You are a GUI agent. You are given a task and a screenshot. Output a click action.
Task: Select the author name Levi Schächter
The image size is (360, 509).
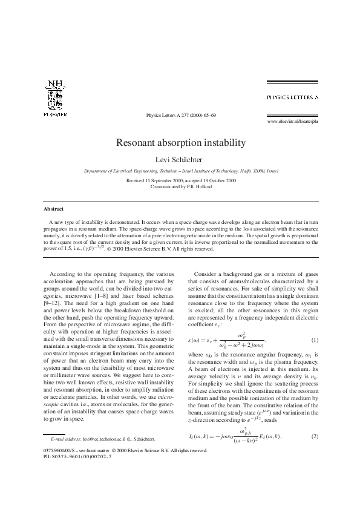(x=180, y=160)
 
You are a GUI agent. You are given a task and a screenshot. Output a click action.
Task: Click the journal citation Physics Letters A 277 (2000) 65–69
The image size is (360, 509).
(x=181, y=114)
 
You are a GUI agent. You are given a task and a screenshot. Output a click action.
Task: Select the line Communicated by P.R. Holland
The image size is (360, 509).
(x=180, y=187)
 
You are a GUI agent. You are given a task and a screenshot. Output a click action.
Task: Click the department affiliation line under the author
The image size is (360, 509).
(x=180, y=171)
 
